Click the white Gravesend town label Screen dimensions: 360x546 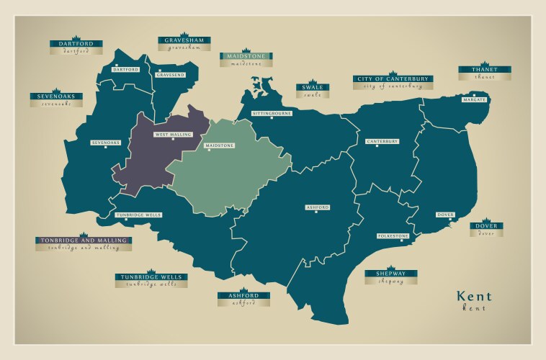tap(171, 75)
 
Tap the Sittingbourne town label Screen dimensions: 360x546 tap(272, 114)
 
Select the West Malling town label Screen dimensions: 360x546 tap(171, 135)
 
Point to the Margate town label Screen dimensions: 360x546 tap(475, 99)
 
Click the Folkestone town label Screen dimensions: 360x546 tap(393, 236)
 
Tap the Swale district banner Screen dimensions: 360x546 tap(313, 88)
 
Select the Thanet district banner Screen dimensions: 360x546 tap(485, 70)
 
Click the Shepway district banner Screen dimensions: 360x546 tap(391, 274)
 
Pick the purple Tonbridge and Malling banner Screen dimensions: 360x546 tap(84, 240)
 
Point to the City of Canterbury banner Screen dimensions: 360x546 tap(393, 78)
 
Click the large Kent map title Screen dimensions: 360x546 tap(474, 297)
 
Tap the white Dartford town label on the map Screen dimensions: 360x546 tap(126, 70)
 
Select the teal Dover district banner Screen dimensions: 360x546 tap(487, 226)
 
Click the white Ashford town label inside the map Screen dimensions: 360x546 tap(318, 207)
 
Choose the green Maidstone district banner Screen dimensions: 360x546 tap(246, 56)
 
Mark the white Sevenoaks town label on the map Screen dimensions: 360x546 tap(105, 143)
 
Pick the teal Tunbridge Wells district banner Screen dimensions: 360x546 tap(152, 277)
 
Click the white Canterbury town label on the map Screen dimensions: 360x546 tap(382, 141)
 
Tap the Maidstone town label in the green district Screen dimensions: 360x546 tap(220, 145)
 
